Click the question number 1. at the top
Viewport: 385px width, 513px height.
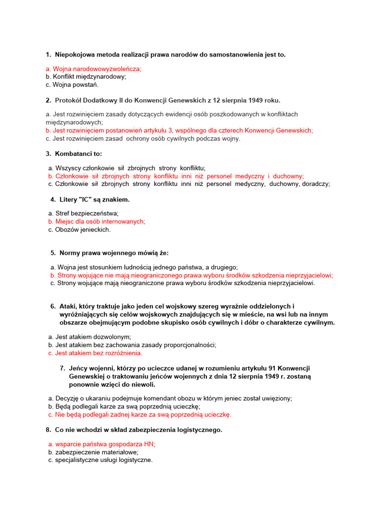pyautogui.click(x=48, y=54)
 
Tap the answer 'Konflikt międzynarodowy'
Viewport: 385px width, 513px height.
pyautogui.click(x=86, y=77)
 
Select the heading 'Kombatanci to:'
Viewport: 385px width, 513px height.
pyautogui.click(x=81, y=154)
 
